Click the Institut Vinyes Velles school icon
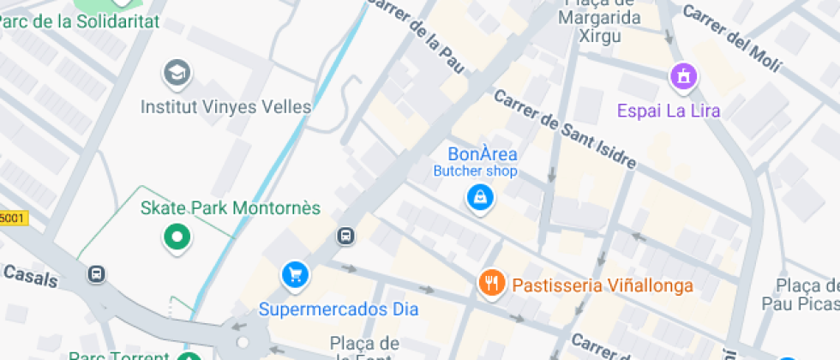[177, 74]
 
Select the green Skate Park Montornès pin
[177, 237]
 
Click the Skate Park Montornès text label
[230, 208]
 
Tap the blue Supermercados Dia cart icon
[295, 275]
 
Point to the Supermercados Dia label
[339, 309]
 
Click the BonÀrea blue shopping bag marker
[479, 199]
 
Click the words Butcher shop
[475, 171]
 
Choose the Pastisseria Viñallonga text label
[602, 285]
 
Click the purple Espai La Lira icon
[683, 77]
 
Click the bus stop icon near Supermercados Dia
[345, 236]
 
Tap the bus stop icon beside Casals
[96, 274]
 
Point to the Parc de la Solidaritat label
[79, 21]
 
